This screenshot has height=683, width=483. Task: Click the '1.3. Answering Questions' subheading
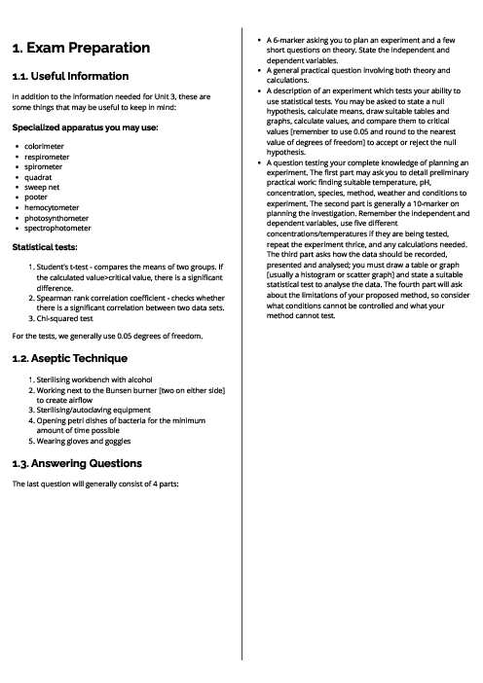coord(77,462)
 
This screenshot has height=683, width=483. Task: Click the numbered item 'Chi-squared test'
coord(65,317)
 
